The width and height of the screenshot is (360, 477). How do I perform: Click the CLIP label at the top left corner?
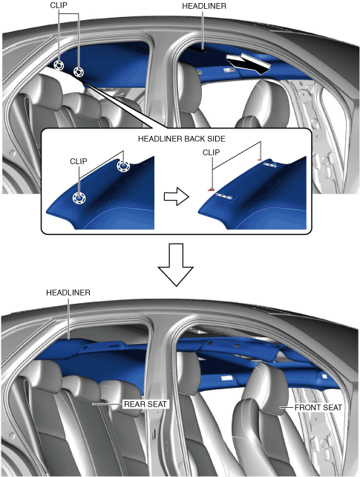59,5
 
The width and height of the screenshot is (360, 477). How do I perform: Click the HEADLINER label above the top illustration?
204,6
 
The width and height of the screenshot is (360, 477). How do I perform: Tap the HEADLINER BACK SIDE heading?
182,139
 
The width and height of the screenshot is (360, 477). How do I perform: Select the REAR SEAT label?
145,404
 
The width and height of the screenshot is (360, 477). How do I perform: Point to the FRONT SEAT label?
318,407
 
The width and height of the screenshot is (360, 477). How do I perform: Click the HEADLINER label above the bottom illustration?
68,293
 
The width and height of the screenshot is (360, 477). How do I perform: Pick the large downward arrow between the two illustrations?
176,265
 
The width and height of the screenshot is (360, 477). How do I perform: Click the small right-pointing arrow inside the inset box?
177,196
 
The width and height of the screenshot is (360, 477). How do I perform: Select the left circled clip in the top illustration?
59,65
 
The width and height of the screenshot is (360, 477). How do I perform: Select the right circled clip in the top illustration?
79,72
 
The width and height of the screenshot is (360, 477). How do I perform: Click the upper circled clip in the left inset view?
123,166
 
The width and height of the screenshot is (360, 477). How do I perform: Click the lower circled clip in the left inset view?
79,198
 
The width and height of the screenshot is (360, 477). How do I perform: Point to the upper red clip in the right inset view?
260,159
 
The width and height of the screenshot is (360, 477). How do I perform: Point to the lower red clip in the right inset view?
211,189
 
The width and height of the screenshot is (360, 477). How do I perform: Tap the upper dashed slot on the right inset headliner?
269,165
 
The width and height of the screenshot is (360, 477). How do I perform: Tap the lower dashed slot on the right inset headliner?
224,196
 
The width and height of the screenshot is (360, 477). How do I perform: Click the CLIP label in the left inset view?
79,161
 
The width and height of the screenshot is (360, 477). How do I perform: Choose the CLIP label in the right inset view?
211,152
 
